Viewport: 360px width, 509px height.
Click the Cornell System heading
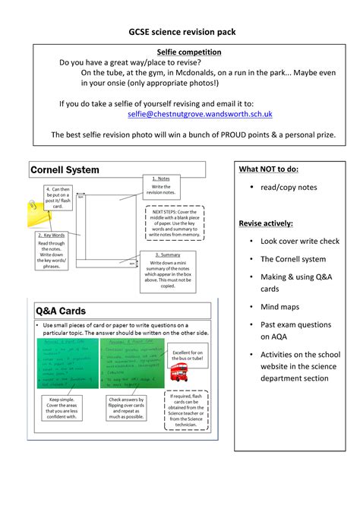point(65,170)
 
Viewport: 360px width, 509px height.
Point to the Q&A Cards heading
point(61,311)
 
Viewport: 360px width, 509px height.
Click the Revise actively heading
point(266,223)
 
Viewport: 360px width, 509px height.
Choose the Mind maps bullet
point(279,307)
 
